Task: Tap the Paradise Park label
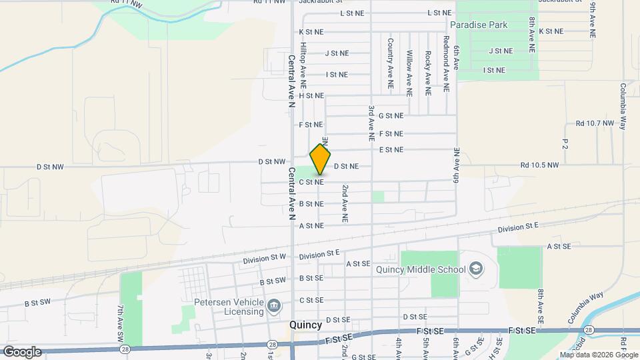[479, 25]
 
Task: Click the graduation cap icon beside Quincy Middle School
[476, 269]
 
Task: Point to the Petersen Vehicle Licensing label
[229, 307]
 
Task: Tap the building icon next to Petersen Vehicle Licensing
[274, 307]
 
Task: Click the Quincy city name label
[306, 325]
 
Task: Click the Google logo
[21, 352]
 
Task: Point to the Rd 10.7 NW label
[595, 124]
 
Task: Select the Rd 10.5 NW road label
[539, 165]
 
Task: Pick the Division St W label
[264, 258]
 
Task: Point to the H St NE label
[311, 96]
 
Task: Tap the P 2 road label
[565, 144]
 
